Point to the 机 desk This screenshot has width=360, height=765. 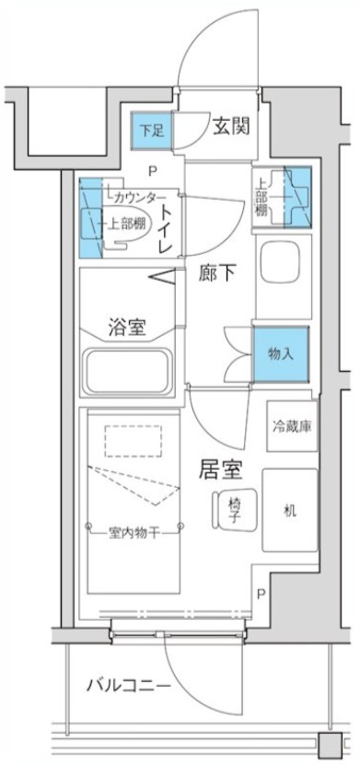tap(290, 509)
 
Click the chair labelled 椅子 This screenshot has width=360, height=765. tap(229, 510)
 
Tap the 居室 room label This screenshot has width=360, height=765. tap(221, 470)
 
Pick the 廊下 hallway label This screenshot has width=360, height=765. tap(217, 273)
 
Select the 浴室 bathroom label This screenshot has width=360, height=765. tap(129, 326)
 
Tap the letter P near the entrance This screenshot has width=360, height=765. tap(153, 169)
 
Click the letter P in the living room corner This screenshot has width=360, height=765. tap(262, 595)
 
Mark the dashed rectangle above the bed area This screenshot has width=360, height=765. tap(131, 440)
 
